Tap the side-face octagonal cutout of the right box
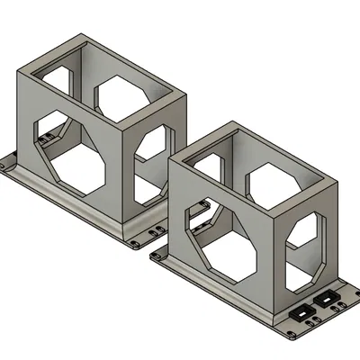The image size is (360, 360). click(308, 245)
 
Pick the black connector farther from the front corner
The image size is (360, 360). click(327, 300)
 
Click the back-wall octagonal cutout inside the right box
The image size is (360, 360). click(269, 184)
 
